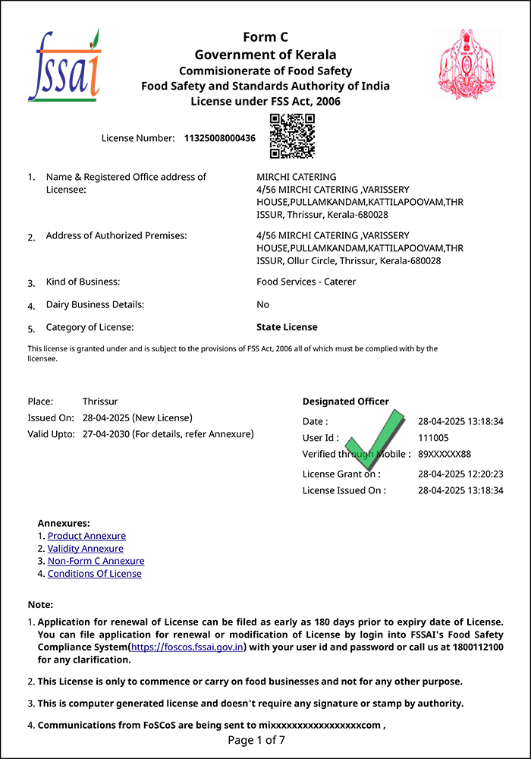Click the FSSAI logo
[x=64, y=66]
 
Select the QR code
[x=292, y=136]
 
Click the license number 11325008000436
[x=220, y=138]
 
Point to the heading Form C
[x=265, y=37]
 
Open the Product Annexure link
[x=86, y=536]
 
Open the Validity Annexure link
[x=85, y=549]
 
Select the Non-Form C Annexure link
[x=96, y=561]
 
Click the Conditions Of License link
[x=94, y=574]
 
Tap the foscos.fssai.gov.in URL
[x=187, y=647]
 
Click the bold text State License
[x=287, y=327]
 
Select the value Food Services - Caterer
[x=306, y=282]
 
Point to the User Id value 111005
[x=433, y=438]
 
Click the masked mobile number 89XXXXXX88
[x=445, y=454]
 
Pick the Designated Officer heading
[x=345, y=402]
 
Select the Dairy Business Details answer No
[x=262, y=304]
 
